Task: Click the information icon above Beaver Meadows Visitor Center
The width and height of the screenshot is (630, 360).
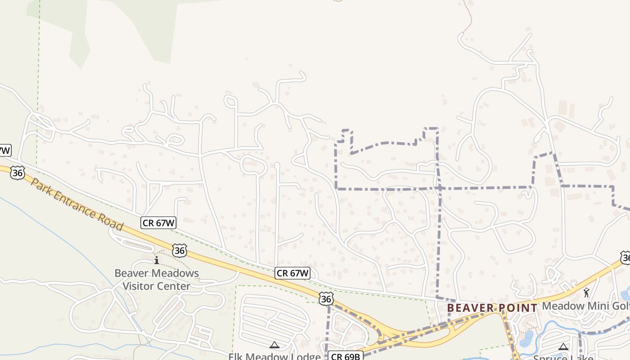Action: pos(157,260)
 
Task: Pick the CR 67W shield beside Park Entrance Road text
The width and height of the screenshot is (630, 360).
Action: pos(158,222)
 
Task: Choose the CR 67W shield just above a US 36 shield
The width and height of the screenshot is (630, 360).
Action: pos(292,273)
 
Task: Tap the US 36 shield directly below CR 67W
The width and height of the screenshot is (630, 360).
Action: pos(327,298)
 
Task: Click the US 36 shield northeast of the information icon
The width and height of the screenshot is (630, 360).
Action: pos(180,250)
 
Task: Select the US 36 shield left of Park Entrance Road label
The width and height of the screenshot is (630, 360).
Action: pos(17,172)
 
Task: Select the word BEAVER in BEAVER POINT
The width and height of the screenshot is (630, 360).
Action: pos(471,308)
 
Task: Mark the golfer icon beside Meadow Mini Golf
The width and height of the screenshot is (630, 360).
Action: pos(586,293)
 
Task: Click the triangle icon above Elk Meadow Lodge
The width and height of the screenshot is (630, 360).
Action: pos(274,345)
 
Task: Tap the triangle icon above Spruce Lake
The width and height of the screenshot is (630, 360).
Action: pos(563,346)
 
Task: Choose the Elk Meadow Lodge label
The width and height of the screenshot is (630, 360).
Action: pos(274,356)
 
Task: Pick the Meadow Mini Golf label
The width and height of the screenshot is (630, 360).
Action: pos(585,306)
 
